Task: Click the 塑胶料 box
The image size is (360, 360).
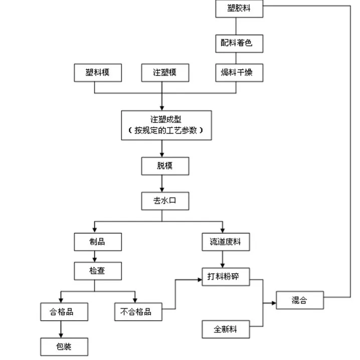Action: [239, 9]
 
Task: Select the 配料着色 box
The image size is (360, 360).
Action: [239, 43]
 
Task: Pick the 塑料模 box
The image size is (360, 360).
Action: [98, 73]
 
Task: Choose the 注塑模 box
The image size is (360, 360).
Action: [165, 73]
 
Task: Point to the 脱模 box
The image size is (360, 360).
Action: [165, 166]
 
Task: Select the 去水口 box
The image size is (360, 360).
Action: [165, 202]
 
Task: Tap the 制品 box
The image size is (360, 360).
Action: [98, 242]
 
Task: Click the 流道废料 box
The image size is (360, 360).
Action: [225, 242]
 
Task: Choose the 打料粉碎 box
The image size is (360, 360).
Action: [225, 277]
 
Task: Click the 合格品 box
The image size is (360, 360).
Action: [65, 312]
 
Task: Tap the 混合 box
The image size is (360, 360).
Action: [299, 301]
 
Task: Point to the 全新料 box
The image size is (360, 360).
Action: [225, 330]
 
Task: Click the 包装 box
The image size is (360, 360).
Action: [65, 346]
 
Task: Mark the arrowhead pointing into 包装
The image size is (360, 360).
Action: [61, 335]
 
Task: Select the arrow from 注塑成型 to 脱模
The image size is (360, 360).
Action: [161, 148]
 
